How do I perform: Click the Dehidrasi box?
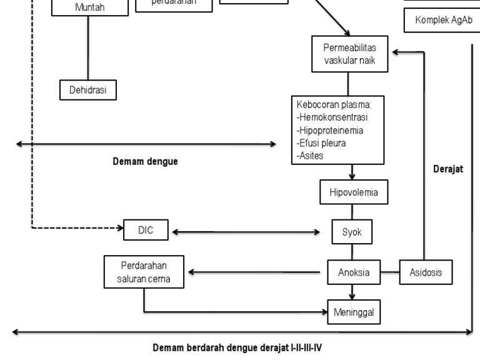[88, 90]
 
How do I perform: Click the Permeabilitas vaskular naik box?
[349, 54]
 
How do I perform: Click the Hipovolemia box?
[353, 192]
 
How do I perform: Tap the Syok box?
[352, 232]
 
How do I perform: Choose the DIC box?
[146, 231]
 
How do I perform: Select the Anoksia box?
[354, 272]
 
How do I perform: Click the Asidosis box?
[426, 272]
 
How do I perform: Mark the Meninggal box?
[354, 312]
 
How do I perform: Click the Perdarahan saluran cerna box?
[145, 272]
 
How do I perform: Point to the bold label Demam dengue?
[145, 162]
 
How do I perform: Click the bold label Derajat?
[448, 169]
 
